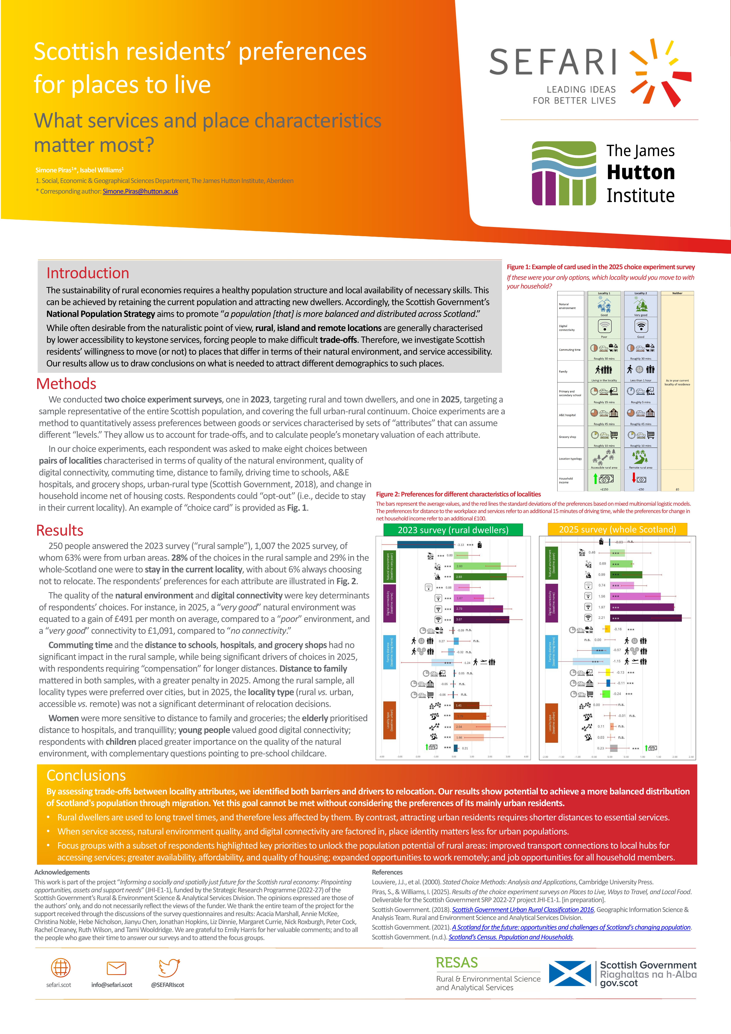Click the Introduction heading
88,273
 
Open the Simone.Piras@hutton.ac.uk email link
140,191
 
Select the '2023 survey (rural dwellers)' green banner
453,530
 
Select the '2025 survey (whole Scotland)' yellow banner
617,530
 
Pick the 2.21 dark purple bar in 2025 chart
645,618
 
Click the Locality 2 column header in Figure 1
641,293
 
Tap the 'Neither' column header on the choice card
677,293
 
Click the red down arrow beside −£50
634,478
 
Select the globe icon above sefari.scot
60,967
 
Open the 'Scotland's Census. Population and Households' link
510,937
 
